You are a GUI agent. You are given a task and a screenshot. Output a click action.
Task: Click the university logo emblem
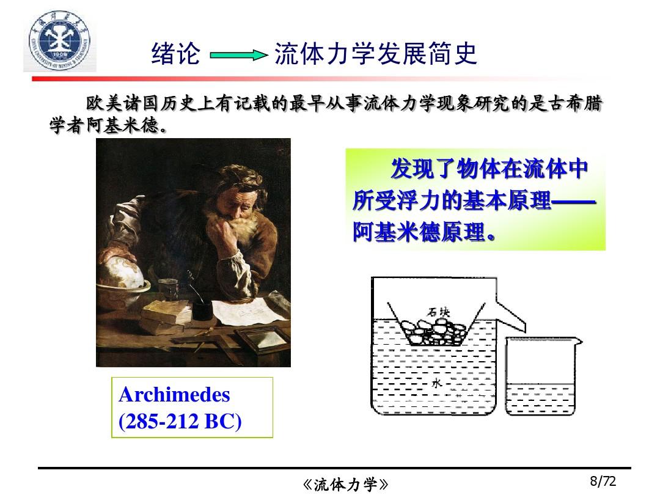[60, 42]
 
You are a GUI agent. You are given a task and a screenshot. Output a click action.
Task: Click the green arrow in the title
[239, 55]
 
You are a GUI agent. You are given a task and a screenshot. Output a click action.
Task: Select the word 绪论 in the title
[175, 53]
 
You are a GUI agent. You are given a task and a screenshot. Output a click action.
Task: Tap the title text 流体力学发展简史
[375, 53]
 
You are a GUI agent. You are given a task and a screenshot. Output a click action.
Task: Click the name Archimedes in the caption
[174, 395]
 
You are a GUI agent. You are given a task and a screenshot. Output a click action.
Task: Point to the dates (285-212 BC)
[180, 421]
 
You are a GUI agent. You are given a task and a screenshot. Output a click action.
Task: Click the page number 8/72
[603, 481]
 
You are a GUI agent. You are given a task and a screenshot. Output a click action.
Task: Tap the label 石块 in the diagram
[438, 312]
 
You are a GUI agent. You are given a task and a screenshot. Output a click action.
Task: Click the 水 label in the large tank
[437, 383]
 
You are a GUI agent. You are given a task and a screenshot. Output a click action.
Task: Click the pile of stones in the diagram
[433, 332]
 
